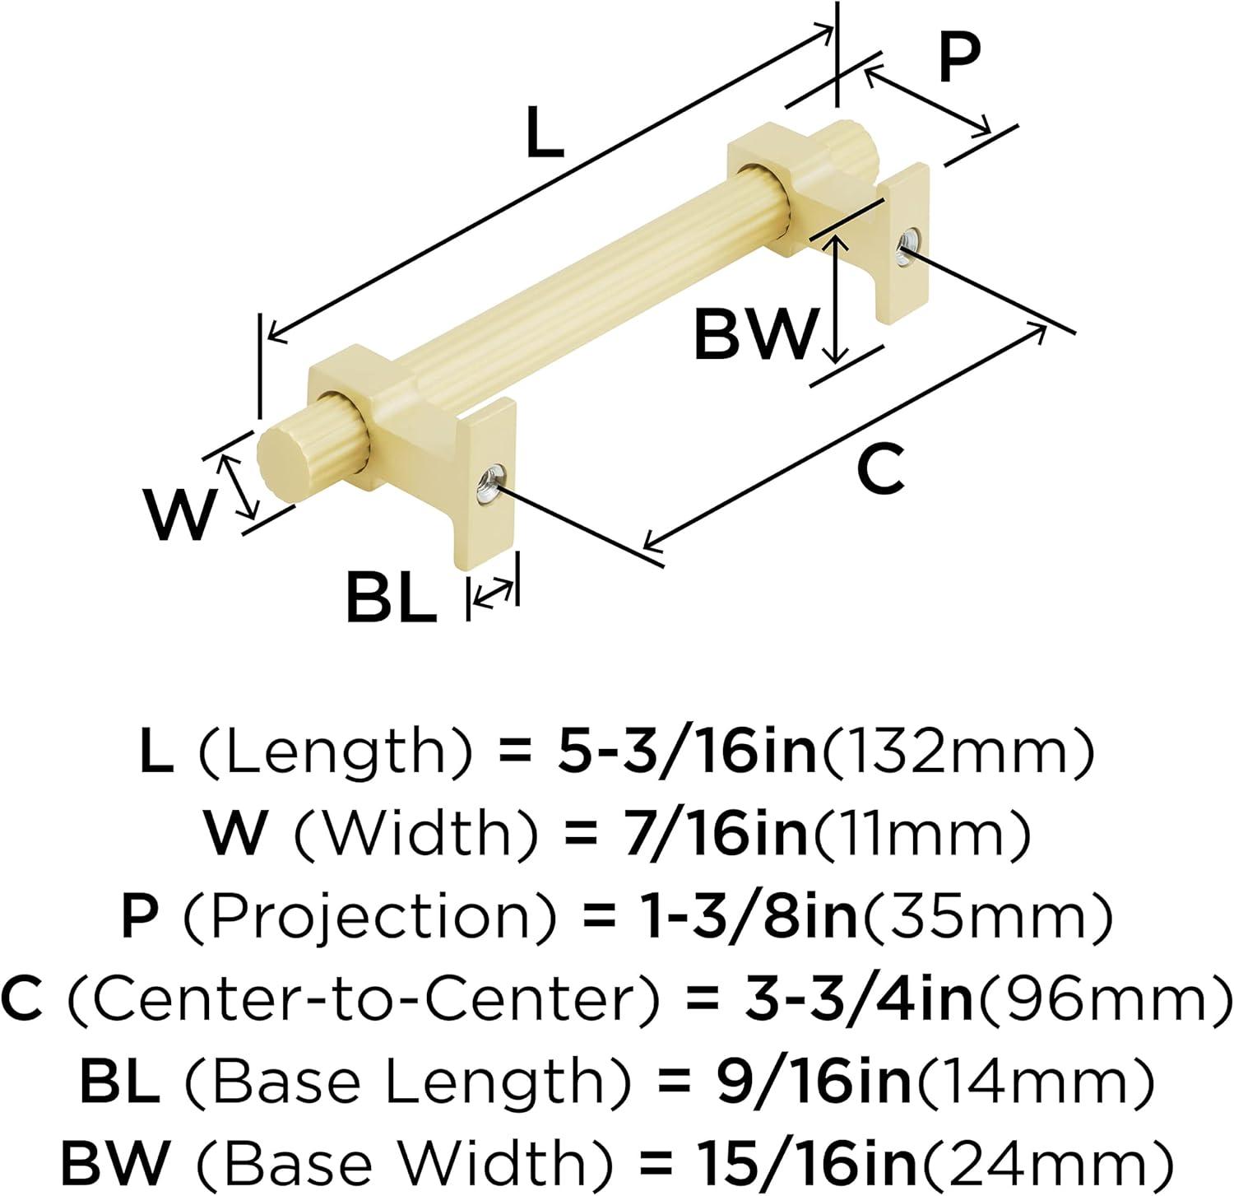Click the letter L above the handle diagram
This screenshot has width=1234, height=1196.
545,134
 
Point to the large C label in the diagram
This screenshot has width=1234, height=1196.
880,470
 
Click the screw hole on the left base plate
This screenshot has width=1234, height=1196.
490,482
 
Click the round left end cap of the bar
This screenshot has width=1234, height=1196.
277,465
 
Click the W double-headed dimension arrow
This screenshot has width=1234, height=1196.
237,488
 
